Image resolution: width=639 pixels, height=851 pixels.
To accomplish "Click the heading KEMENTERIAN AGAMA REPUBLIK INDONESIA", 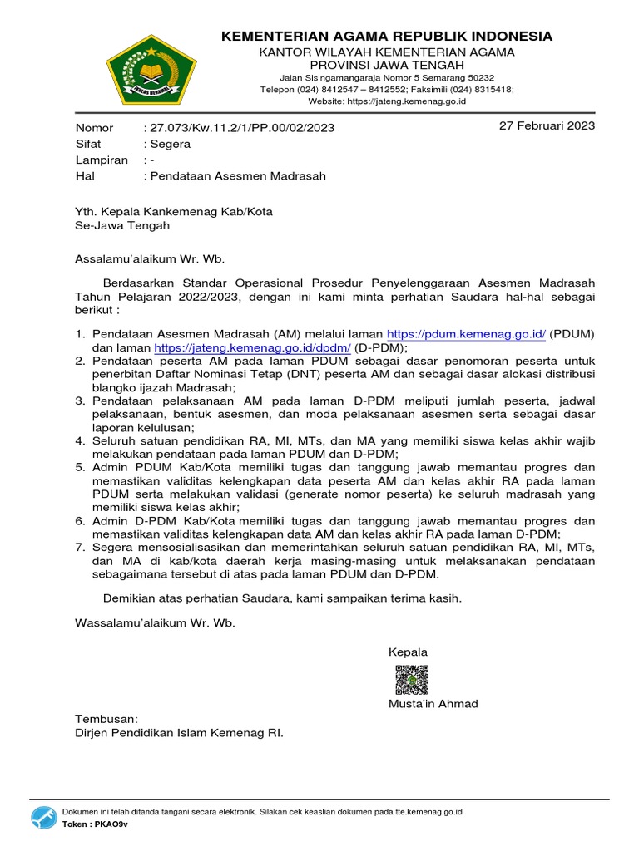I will [x=387, y=36].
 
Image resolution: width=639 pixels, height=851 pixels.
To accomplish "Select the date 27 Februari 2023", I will [x=547, y=126].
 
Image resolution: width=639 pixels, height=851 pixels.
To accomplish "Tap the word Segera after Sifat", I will [x=169, y=144].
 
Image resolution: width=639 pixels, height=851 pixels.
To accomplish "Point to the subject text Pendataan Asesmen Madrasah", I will [x=237, y=176].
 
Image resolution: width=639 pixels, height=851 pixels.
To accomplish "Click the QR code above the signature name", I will [x=412, y=679].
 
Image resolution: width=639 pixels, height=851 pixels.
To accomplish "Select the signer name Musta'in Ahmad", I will [x=433, y=704].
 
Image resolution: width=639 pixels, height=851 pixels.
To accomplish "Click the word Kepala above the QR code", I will [x=408, y=652].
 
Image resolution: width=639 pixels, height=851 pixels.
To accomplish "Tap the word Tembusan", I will [x=106, y=719].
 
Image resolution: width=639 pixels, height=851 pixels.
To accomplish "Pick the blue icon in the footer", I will [x=44, y=817].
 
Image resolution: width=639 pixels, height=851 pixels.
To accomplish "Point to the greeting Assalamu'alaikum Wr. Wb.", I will [x=150, y=258].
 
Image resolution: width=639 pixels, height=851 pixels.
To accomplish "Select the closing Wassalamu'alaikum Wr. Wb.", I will [x=156, y=622].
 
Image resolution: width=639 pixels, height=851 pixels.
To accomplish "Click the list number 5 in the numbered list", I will [x=80, y=467].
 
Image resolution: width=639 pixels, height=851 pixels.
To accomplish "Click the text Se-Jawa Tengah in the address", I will [x=122, y=225].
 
